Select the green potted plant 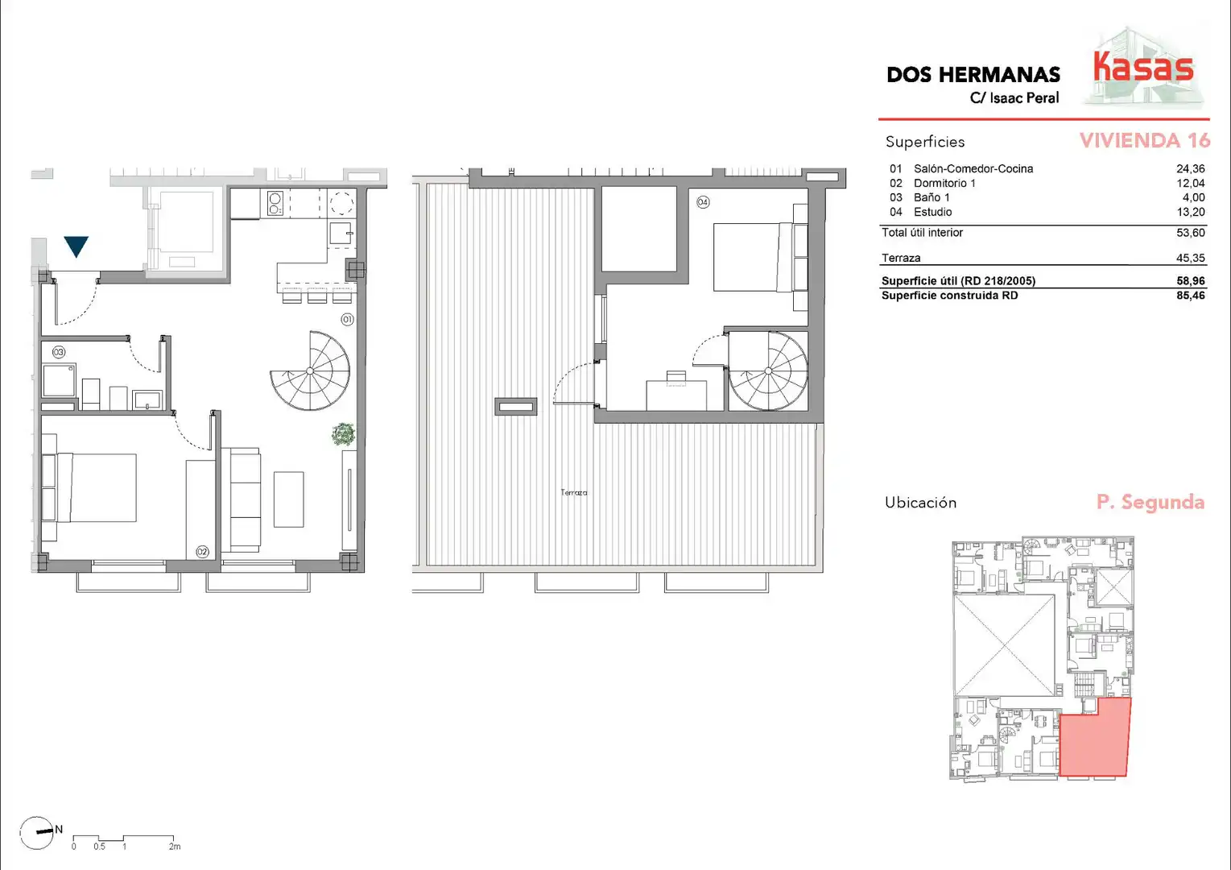pos(344,434)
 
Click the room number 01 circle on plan pos(347,320)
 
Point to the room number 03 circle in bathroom pos(59,352)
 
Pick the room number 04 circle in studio pos(703,202)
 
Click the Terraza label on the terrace pos(574,493)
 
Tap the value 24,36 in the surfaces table pos(1190,169)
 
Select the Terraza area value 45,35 pos(1190,258)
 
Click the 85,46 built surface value pos(1190,296)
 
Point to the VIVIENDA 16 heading pos(1145,141)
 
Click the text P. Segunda pos(1150,502)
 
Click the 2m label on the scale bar pos(175,847)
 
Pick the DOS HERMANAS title pos(973,75)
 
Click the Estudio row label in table pos(932,213)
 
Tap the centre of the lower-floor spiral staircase pos(310,371)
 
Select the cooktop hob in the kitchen pos(275,204)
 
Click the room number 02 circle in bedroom pos(202,552)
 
